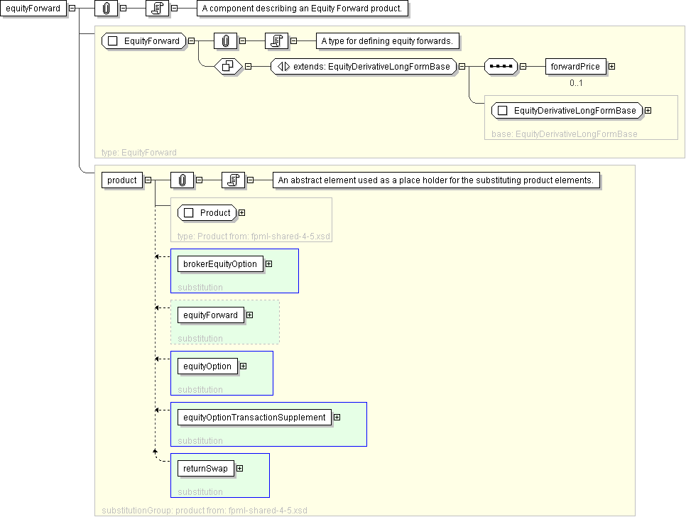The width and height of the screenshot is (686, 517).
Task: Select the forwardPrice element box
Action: point(575,67)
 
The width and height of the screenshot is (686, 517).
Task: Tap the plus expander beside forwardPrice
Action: point(611,67)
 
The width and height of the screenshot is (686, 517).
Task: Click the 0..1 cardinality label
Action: point(576,83)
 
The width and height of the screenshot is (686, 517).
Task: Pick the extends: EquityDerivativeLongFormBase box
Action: point(362,67)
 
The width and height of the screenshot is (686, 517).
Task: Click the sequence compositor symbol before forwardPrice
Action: point(501,67)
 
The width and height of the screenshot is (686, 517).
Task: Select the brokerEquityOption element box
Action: point(220,263)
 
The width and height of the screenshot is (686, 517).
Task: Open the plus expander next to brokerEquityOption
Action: point(268,263)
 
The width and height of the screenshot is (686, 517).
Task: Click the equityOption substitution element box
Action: point(207,366)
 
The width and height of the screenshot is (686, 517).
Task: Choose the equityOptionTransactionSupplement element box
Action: point(254,417)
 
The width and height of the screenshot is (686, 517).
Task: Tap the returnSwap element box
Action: point(205,468)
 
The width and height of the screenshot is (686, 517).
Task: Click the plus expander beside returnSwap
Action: point(239,468)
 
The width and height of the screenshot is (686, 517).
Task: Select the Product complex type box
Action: point(207,212)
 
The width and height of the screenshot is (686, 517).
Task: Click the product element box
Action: point(121,180)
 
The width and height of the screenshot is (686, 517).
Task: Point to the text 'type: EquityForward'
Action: point(139,152)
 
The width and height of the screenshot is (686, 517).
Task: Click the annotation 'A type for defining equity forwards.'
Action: point(386,41)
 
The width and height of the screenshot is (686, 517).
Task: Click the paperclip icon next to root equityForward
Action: point(106,9)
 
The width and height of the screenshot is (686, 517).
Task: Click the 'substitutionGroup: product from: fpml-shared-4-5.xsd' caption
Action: point(205,510)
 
